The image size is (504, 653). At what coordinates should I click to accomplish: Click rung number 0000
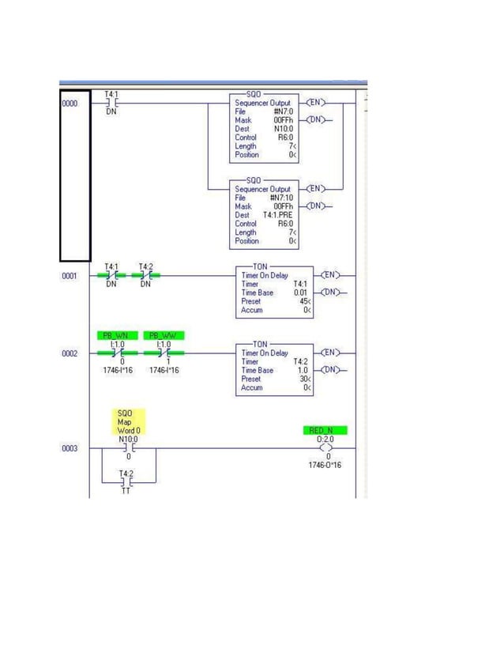tap(70, 104)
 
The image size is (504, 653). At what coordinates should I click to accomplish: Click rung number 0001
tap(70, 276)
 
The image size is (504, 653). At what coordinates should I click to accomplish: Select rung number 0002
tap(70, 353)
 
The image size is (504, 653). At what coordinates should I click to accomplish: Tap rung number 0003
tap(70, 448)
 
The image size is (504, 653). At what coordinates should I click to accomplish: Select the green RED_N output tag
tap(324, 430)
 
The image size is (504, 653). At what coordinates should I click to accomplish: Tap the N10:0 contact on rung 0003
tap(126, 447)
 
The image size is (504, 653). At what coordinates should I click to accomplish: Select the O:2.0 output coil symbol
tap(325, 447)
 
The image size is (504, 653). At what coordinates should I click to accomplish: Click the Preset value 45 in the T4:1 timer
tap(303, 301)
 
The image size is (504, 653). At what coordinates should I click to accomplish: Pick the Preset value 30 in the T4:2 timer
tap(303, 379)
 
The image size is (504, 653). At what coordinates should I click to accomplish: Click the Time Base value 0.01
tap(301, 293)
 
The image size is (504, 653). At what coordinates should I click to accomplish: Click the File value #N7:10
tap(282, 198)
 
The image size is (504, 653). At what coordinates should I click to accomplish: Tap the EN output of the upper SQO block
tap(314, 103)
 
